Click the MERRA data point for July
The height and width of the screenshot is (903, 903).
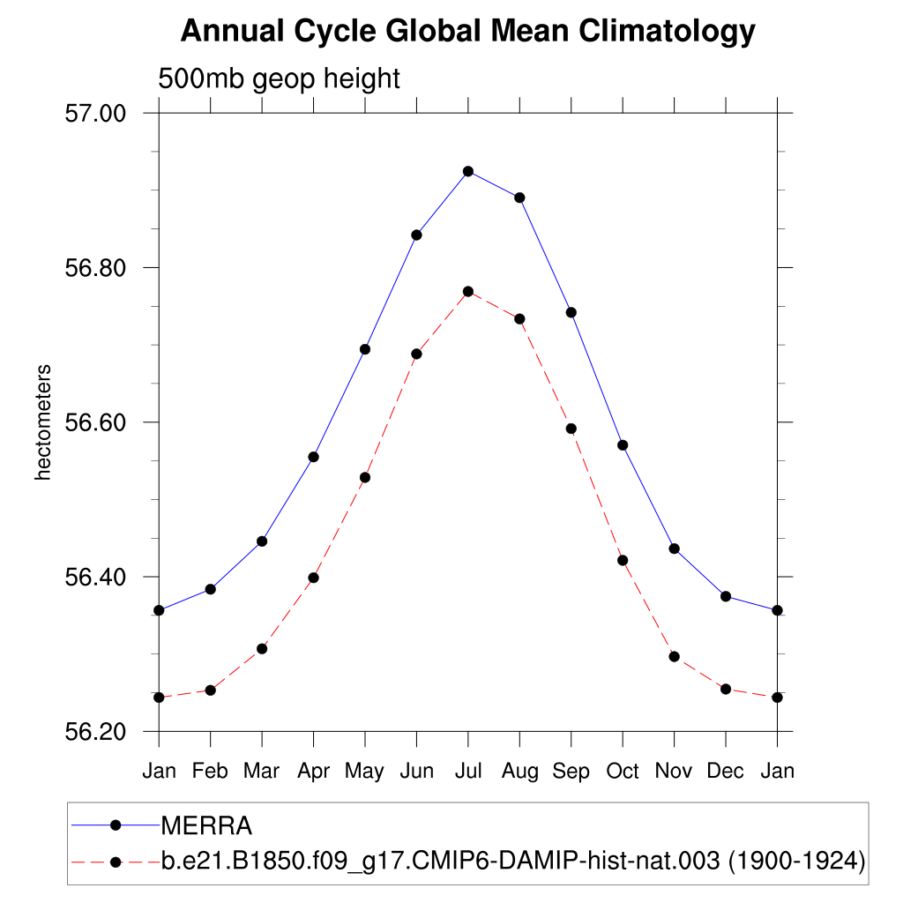pyautogui.click(x=468, y=171)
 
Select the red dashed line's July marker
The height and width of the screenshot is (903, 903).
pyautogui.click(x=468, y=292)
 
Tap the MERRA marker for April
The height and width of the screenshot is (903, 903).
pyautogui.click(x=313, y=457)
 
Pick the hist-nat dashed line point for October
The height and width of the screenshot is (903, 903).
pyautogui.click(x=623, y=560)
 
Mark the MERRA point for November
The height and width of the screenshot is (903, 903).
pyautogui.click(x=675, y=549)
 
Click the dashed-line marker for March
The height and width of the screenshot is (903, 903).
pyautogui.click(x=262, y=649)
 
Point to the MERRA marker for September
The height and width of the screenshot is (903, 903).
pyautogui.click(x=571, y=312)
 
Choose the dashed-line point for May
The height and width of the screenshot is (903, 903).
pyautogui.click(x=365, y=477)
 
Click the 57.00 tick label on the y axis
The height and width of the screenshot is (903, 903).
pyautogui.click(x=97, y=114)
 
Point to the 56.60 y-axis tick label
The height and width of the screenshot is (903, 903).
pyautogui.click(x=97, y=422)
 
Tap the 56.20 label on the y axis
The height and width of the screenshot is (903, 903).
pyautogui.click(x=97, y=732)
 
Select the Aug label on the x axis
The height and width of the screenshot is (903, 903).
pyautogui.click(x=519, y=772)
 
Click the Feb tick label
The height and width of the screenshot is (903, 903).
pyautogui.click(x=210, y=772)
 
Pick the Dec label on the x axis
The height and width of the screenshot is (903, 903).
pyautogui.click(x=726, y=772)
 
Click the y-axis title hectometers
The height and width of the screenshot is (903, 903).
pyautogui.click(x=42, y=422)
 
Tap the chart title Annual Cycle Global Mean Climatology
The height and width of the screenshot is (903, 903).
pyautogui.click(x=467, y=32)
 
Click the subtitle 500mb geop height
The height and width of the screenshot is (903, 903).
pyautogui.click(x=279, y=78)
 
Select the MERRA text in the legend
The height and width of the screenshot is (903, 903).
pyautogui.click(x=206, y=826)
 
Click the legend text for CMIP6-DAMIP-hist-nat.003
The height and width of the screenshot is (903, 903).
pyautogui.click(x=511, y=861)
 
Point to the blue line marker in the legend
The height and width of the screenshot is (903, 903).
pyautogui.click(x=115, y=825)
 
